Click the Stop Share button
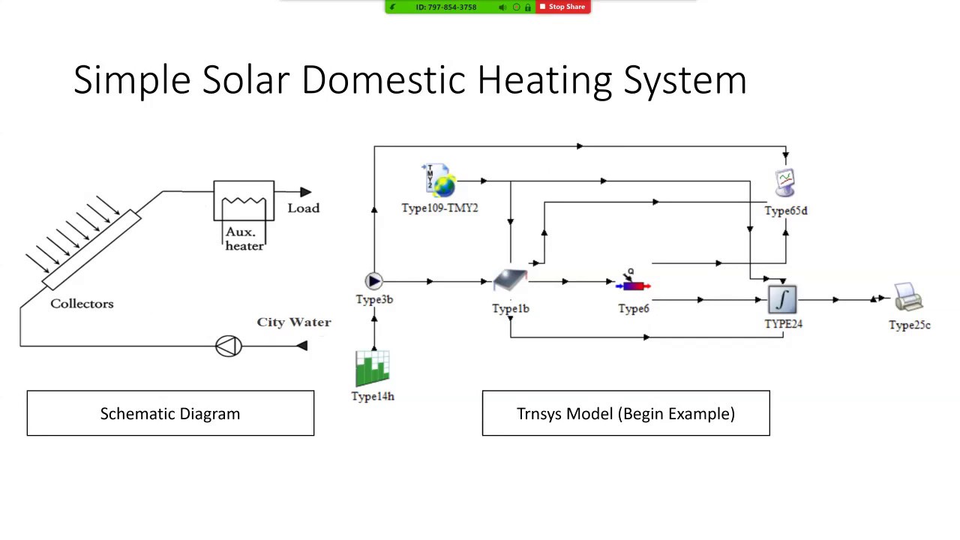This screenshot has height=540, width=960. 562,7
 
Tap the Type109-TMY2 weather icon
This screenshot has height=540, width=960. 439,181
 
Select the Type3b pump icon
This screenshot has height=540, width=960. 373,281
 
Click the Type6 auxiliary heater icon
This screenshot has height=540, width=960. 633,283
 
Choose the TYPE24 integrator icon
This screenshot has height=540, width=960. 782,300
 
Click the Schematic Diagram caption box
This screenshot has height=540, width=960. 170,413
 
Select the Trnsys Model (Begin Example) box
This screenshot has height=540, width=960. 625,413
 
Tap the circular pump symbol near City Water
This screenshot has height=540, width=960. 229,346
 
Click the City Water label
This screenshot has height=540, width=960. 294,322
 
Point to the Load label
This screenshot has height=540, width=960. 303,208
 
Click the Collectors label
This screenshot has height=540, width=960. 82,304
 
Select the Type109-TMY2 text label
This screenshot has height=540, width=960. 439,208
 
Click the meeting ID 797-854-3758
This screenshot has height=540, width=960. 446,7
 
